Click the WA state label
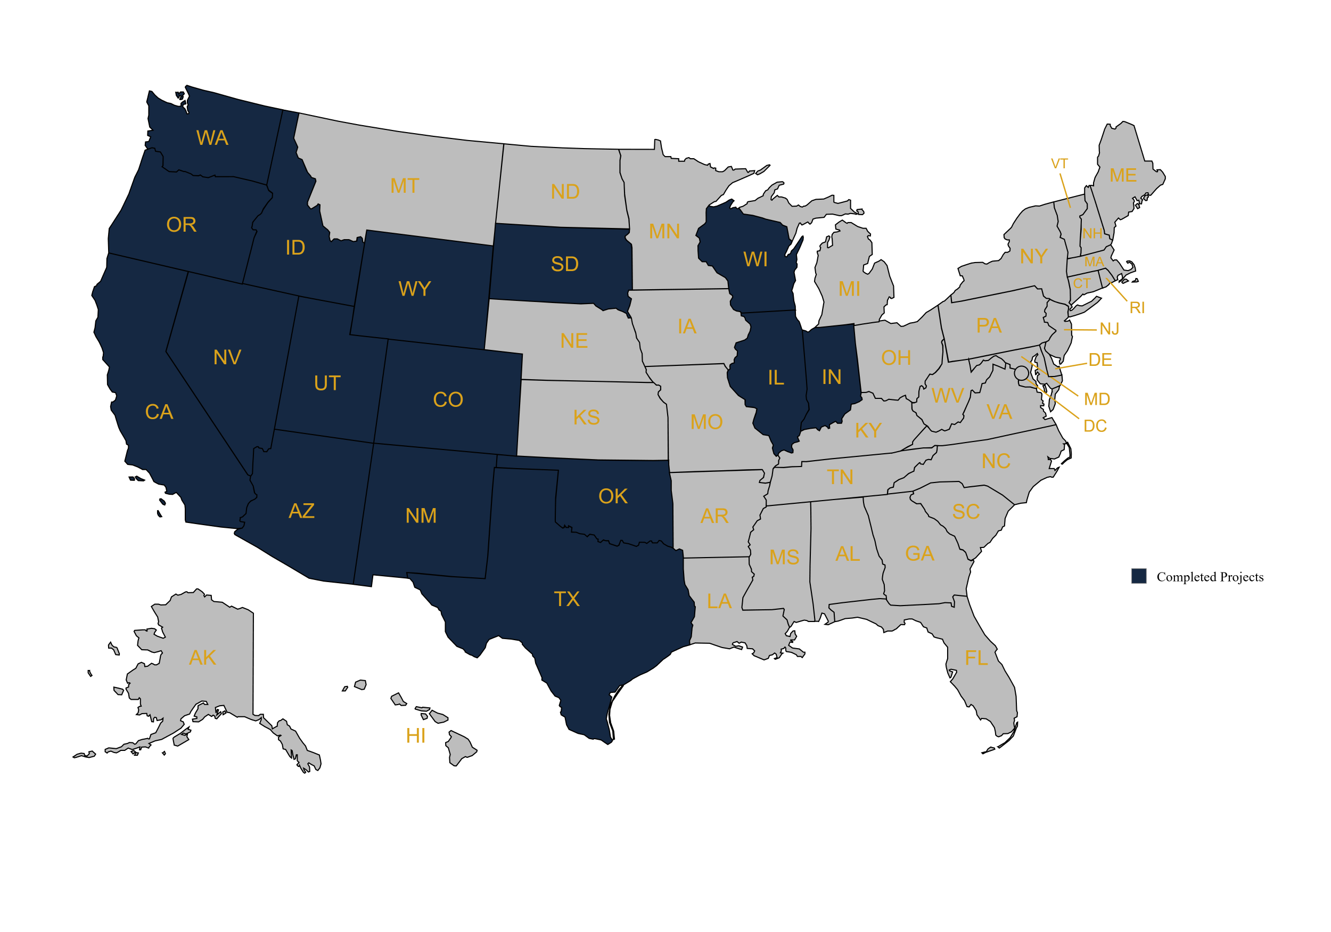tap(212, 138)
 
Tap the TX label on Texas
tap(566, 599)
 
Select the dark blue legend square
tap(1139, 576)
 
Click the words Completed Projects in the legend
tap(1210, 577)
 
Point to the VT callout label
tap(1059, 164)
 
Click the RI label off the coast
tap(1137, 308)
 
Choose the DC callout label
tap(1095, 426)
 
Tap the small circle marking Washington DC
tap(1022, 373)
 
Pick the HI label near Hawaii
tap(416, 736)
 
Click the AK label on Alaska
tap(202, 658)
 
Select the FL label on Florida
tap(976, 658)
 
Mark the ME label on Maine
tap(1123, 176)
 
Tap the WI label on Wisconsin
tap(755, 260)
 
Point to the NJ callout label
tap(1110, 330)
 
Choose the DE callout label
tap(1100, 360)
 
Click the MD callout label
tap(1097, 399)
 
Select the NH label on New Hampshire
tap(1092, 234)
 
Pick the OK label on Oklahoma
tap(613, 496)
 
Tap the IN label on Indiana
tap(831, 378)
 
